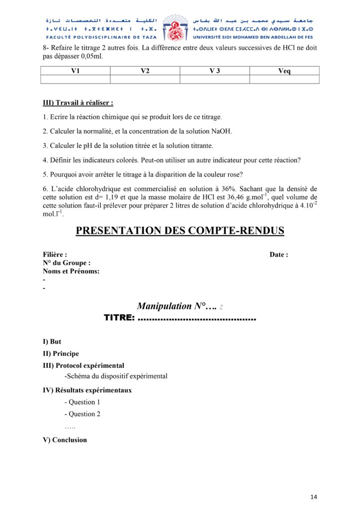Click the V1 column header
[x=75, y=71]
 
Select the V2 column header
[x=145, y=71]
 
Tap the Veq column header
[x=284, y=71]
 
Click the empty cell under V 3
[x=214, y=79]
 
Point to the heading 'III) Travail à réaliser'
[x=78, y=103]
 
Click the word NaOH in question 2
[x=221, y=131]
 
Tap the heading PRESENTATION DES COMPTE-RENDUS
[x=180, y=231]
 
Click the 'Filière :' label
[x=55, y=254]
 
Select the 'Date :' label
[x=278, y=254]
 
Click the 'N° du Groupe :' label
[x=67, y=263]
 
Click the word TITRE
[x=118, y=318]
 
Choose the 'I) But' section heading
[x=52, y=342]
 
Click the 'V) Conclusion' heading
[x=65, y=440]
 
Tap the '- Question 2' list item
[x=83, y=414]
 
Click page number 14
[x=313, y=497]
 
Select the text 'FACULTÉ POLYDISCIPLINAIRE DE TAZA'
[x=101, y=37]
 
